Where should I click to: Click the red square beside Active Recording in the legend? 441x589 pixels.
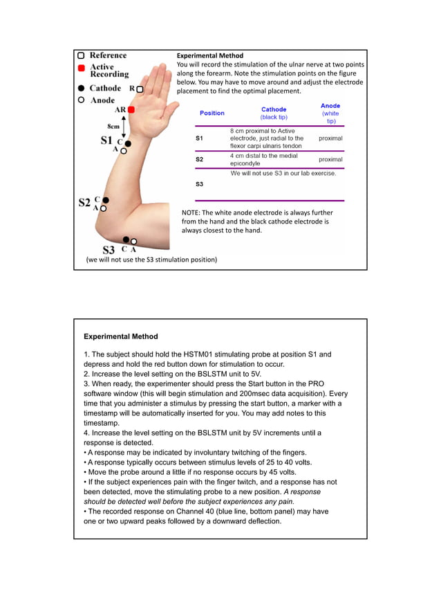82,69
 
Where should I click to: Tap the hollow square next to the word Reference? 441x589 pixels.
82,55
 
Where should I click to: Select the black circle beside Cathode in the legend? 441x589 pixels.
82,89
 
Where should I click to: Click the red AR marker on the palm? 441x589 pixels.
131,109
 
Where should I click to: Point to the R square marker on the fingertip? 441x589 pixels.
140,89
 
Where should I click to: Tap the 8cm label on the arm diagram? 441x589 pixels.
115,126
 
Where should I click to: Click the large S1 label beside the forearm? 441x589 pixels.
106,140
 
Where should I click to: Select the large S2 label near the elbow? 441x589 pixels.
84,203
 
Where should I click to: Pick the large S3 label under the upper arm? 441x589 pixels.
109,250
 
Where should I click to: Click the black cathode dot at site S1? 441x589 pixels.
128,143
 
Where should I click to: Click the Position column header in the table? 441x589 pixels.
212,113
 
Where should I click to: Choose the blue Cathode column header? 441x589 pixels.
274,109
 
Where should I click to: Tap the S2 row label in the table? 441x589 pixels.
199,159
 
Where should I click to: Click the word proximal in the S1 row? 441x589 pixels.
330,138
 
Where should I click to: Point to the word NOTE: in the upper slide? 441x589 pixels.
193,213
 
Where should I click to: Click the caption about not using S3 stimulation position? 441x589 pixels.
151,260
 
